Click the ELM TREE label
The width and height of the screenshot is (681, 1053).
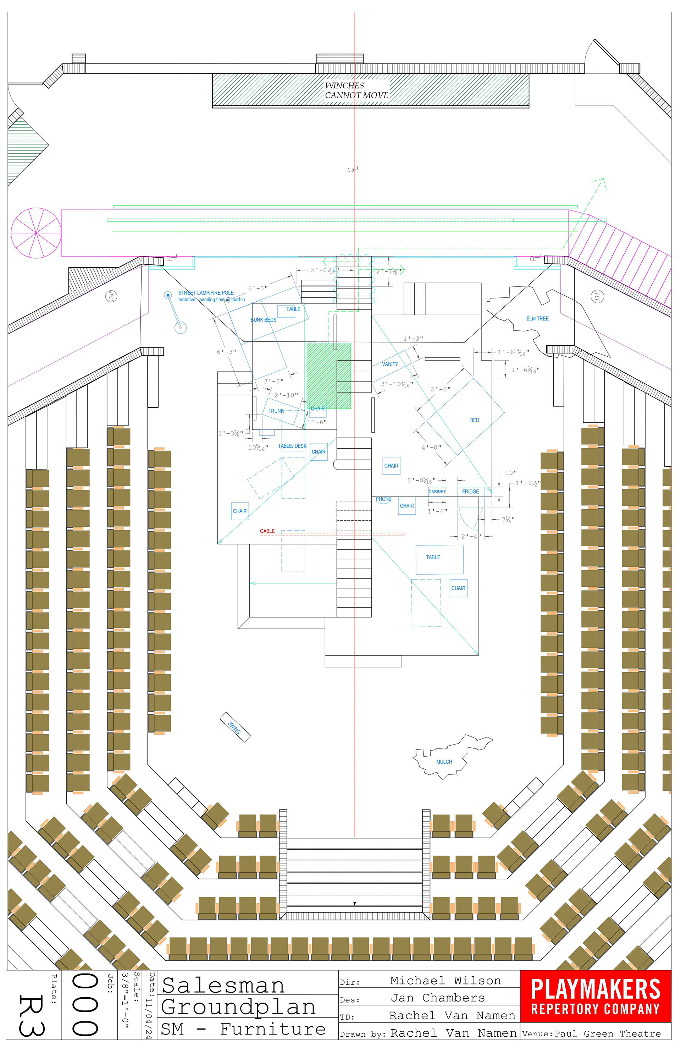click(x=537, y=319)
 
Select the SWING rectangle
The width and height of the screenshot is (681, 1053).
click(x=235, y=727)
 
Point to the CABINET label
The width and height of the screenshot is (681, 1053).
click(x=437, y=492)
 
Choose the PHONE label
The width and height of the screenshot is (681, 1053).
click(x=383, y=499)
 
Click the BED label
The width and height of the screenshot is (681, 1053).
click(x=474, y=420)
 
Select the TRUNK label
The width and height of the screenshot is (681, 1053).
click(x=276, y=411)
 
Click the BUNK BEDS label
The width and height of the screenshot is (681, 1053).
click(x=263, y=320)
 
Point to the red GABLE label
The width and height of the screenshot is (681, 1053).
click(x=267, y=531)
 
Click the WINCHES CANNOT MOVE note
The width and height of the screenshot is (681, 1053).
click(x=356, y=90)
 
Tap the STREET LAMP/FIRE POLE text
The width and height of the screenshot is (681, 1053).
click(x=206, y=293)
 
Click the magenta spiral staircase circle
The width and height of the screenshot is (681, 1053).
click(x=36, y=233)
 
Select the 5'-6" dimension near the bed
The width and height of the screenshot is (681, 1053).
click(x=441, y=389)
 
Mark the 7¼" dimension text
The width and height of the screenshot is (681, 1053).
click(x=508, y=520)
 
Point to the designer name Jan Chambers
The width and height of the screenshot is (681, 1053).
click(x=437, y=998)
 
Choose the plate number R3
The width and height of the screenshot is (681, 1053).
click(x=31, y=1015)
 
